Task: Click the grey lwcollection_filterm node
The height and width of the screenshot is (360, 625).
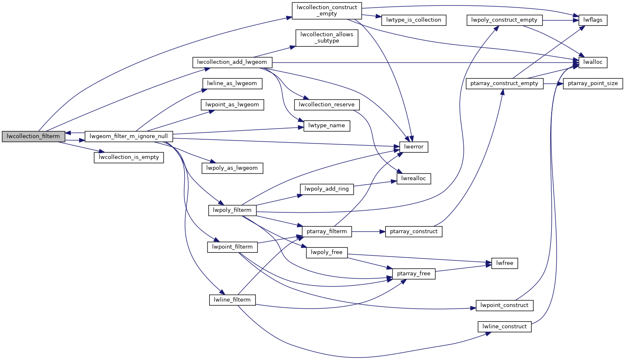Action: click(33, 136)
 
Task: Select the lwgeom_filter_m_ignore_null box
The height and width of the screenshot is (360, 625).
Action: click(128, 136)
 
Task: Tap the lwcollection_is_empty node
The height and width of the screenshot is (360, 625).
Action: click(129, 157)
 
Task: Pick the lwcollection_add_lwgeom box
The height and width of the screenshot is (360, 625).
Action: click(232, 62)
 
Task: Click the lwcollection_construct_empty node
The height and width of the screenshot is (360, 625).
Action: click(327, 10)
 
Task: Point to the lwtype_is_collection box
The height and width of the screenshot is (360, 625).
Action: click(413, 20)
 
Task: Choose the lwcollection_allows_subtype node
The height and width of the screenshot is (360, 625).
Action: click(327, 38)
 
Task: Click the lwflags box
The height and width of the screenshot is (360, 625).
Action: click(593, 20)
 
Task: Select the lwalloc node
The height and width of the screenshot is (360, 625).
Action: click(593, 62)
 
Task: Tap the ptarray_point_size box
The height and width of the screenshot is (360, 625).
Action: click(593, 83)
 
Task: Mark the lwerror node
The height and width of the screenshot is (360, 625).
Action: click(414, 147)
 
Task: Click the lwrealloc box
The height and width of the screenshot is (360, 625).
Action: click(414, 179)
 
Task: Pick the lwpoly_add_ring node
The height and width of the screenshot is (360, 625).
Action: click(327, 189)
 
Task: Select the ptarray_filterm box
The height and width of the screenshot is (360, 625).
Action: click(327, 232)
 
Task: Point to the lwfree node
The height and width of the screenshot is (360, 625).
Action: click(505, 263)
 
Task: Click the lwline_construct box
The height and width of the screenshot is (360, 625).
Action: click(505, 327)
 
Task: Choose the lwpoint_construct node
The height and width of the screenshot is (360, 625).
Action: click(504, 305)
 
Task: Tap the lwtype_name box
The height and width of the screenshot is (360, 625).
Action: click(327, 126)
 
